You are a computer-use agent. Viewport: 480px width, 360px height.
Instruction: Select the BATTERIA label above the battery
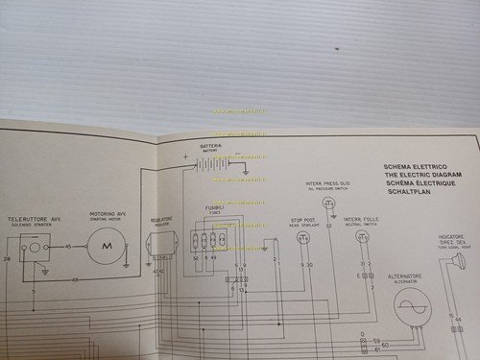pyautogui.click(x=211, y=146)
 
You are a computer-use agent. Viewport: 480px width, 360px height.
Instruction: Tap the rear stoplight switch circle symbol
pyautogui.click(x=305, y=237)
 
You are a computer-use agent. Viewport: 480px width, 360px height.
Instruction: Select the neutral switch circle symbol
pyautogui.click(x=362, y=235)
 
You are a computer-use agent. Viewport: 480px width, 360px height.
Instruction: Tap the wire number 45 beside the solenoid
pyautogui.click(x=67, y=247)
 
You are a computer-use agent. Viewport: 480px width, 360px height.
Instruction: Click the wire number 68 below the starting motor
pyautogui.click(x=75, y=279)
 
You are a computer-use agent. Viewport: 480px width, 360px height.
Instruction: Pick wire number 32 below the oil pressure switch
pyautogui.click(x=328, y=226)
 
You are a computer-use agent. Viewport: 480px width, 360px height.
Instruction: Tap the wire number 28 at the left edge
pyautogui.click(x=8, y=259)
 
